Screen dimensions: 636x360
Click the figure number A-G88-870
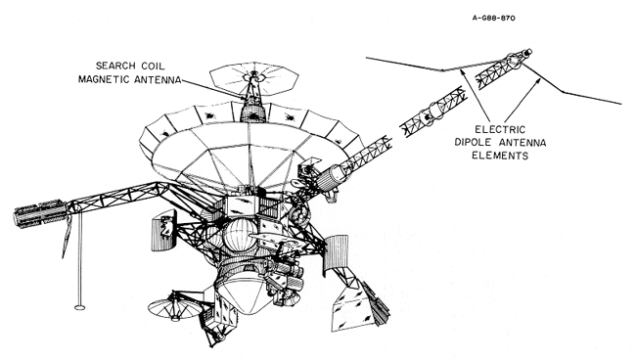(x=493, y=18)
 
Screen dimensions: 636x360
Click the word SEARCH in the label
(x=114, y=66)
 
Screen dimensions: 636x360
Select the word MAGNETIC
(x=105, y=79)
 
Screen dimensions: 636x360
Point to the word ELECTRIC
(x=500, y=130)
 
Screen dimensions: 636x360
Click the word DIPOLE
(x=473, y=142)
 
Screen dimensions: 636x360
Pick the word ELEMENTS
(x=500, y=156)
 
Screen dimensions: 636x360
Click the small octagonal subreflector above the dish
(x=254, y=78)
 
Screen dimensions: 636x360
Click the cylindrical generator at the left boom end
(x=40, y=213)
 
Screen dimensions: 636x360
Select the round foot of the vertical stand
(x=80, y=307)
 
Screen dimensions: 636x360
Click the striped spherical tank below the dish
(x=240, y=234)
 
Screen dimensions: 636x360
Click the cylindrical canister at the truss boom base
(x=333, y=178)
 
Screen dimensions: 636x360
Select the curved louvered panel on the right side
(x=336, y=251)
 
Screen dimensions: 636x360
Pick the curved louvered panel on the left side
(x=163, y=230)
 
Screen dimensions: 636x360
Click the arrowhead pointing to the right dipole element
(x=539, y=79)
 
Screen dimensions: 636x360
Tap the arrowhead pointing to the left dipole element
(x=461, y=72)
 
